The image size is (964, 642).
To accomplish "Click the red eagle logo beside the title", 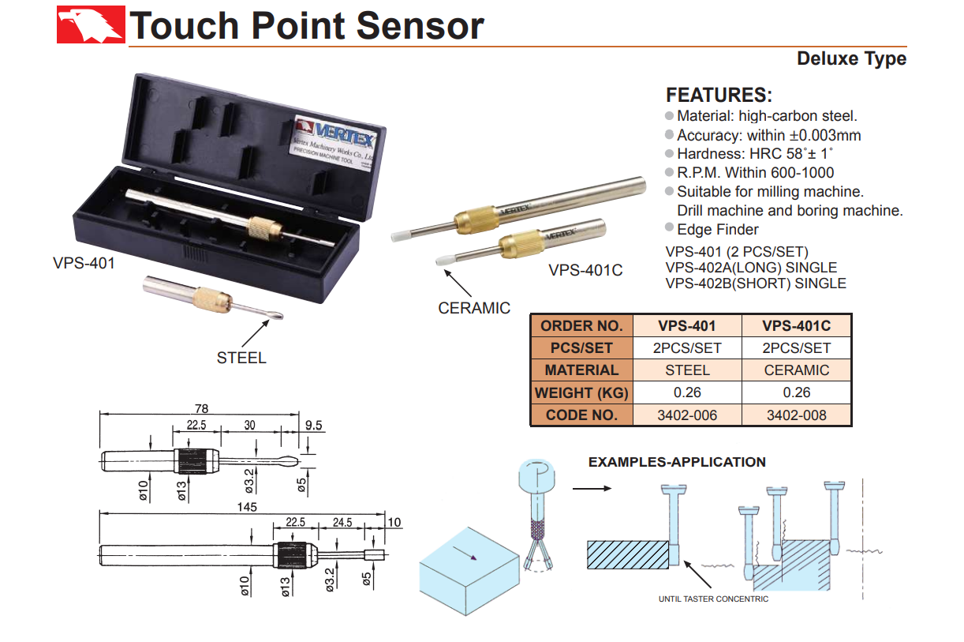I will pos(91,24).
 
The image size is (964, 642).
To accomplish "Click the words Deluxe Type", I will pos(851,58).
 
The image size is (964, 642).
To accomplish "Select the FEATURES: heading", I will pos(719,96).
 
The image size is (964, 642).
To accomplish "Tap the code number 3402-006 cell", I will pos(687,415).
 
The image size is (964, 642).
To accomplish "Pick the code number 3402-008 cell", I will pos(797,415).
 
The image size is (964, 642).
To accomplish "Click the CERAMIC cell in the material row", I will pos(797,370).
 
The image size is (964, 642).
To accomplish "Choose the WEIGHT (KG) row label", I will pos(581,392).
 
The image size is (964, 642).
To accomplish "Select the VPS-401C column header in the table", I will pos(797,325).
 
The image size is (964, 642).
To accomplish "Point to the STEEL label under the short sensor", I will pos(241,358).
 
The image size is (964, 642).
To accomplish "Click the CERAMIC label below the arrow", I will pos(474,308).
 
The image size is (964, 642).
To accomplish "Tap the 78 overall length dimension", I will pos(201,408).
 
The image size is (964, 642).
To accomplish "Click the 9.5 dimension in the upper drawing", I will pos(314,425).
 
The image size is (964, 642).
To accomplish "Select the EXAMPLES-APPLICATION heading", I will pos(677,462).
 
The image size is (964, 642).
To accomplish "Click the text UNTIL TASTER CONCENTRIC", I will pos(713,599).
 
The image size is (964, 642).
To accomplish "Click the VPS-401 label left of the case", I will pos(84,262).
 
